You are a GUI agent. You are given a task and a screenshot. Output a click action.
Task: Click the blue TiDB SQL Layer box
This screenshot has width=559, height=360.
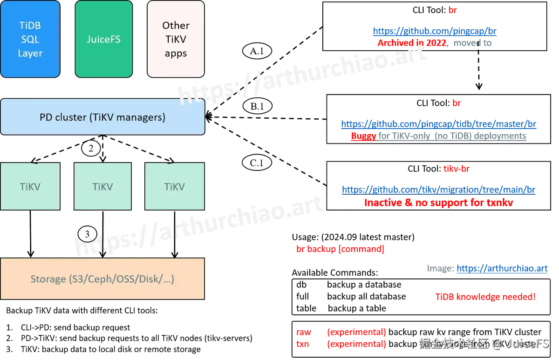point(30,39)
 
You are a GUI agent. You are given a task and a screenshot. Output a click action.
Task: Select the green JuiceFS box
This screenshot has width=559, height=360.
point(103,39)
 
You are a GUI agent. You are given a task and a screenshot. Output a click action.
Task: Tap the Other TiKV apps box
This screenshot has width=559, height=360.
point(176,39)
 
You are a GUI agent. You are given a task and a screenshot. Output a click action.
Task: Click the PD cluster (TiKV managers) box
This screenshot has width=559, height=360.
point(102,117)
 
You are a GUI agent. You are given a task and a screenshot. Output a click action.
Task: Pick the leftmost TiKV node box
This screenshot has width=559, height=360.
point(30,186)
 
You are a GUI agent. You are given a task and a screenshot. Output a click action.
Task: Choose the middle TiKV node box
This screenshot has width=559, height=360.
point(102,186)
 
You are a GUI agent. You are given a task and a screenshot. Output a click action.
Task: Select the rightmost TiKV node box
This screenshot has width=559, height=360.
point(175,186)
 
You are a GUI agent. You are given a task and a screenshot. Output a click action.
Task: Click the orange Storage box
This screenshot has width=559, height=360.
point(102,279)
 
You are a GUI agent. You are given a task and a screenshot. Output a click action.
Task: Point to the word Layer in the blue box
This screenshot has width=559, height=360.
point(30,54)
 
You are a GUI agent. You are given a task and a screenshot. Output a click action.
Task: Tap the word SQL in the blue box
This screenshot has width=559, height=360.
point(30,39)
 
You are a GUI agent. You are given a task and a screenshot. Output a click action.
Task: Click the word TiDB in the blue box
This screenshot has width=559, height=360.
point(30,25)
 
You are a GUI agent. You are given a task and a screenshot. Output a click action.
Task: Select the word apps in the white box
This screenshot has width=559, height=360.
point(176,54)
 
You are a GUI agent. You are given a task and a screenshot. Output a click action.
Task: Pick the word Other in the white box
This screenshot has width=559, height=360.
point(176,25)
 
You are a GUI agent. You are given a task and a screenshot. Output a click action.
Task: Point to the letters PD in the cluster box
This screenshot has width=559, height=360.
point(46,117)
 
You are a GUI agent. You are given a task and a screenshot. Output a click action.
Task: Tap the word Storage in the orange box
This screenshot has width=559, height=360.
point(48,279)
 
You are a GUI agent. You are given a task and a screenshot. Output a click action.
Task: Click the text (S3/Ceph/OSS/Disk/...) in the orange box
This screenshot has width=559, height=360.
point(121,279)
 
